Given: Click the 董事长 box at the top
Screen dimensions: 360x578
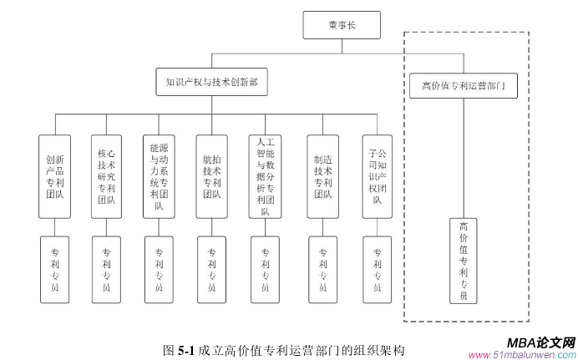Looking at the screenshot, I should coord(341,26).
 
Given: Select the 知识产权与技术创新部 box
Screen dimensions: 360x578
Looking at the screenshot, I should coord(212,81).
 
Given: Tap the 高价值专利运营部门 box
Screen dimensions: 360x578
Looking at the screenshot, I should coord(464,85).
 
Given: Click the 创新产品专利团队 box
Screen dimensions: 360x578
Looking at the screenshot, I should coord(55,175).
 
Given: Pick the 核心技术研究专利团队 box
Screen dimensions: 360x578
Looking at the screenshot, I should coord(107,175).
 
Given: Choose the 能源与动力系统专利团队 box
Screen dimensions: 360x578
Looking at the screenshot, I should coord(159,175).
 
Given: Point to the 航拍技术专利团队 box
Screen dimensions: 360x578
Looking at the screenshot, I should coord(211,175).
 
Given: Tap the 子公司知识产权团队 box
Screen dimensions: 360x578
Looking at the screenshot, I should coord(377,175).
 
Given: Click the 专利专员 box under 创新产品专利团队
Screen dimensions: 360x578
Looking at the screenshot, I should coord(55,269).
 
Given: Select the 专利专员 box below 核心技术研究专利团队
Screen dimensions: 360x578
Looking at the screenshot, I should coord(107,269).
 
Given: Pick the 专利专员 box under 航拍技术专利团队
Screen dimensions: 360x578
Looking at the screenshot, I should coord(211,269).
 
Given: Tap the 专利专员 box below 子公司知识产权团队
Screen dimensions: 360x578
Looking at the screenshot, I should coord(377,269).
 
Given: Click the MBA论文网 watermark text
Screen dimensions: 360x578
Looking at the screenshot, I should coord(541,342).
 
